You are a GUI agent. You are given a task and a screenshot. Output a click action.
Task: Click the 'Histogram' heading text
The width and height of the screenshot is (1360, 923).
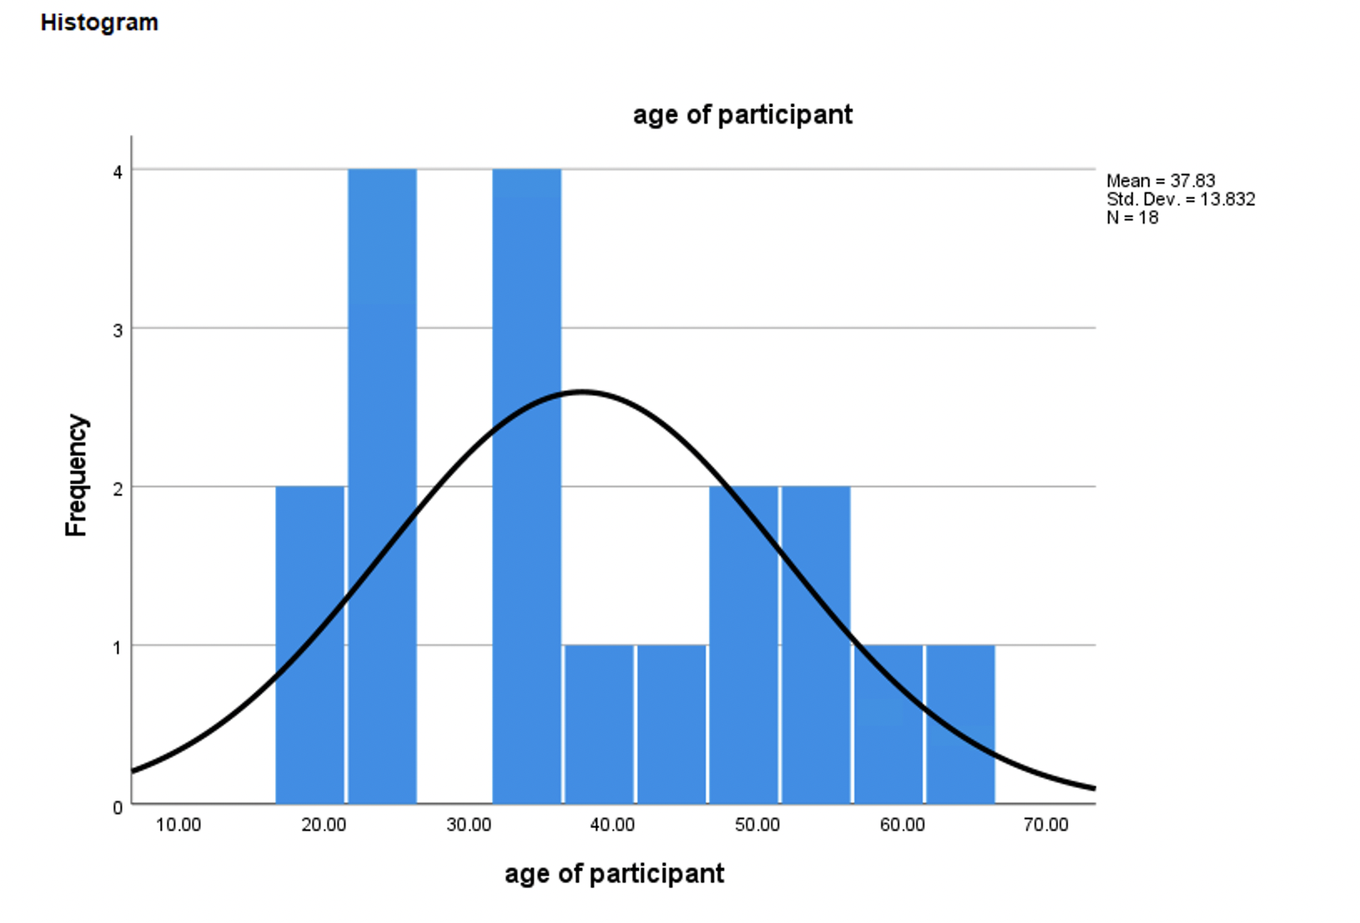(x=99, y=23)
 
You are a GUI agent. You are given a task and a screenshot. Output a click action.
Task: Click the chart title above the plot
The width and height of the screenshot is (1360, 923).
(x=743, y=114)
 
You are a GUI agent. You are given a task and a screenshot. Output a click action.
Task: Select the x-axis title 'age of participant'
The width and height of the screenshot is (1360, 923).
(x=614, y=874)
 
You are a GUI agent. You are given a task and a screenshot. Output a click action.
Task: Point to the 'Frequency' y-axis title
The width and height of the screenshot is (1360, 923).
(x=76, y=476)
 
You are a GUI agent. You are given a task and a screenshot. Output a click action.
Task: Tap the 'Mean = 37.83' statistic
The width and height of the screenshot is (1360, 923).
(x=1160, y=180)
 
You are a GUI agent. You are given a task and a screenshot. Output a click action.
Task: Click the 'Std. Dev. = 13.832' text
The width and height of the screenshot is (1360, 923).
(x=1180, y=199)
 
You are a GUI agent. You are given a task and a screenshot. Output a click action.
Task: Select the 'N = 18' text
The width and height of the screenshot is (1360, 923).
(x=1131, y=217)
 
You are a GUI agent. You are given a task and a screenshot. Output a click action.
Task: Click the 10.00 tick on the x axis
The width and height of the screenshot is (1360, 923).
(x=179, y=825)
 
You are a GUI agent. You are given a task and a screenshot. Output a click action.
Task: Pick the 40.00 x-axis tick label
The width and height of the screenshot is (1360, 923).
(x=612, y=825)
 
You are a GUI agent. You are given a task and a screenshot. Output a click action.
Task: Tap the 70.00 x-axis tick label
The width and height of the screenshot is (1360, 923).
(x=1045, y=825)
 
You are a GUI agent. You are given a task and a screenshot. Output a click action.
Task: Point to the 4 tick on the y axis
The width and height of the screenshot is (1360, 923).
(x=118, y=172)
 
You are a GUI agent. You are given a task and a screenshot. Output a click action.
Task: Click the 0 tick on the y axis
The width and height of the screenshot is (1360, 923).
(x=118, y=807)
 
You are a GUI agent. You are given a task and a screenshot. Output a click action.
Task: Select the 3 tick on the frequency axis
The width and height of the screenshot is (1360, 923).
(x=118, y=330)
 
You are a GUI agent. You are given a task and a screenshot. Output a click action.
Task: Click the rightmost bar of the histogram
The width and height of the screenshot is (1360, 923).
(x=960, y=724)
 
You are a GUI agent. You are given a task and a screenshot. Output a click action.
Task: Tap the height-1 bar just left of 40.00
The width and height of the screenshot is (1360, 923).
(x=599, y=724)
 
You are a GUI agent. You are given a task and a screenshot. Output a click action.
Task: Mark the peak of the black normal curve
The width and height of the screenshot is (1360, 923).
(x=581, y=391)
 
